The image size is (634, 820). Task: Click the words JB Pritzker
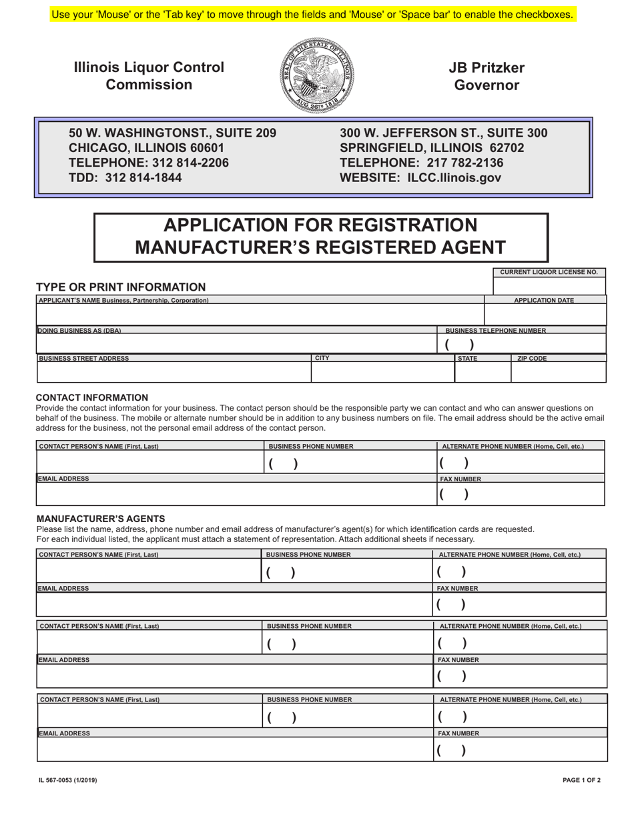tap(486, 68)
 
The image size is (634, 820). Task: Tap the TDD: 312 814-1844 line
tap(125, 178)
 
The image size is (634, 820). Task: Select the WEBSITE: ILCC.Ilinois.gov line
tap(420, 178)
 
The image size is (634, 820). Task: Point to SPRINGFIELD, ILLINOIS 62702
tap(432, 148)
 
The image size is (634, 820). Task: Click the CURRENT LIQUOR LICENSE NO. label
tap(549, 272)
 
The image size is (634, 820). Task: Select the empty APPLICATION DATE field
tap(545, 315)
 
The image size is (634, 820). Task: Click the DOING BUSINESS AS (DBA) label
tap(80, 331)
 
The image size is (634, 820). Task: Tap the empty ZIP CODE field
tap(558, 372)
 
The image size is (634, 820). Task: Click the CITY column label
tap(322, 358)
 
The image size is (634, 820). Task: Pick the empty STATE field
tap(482, 372)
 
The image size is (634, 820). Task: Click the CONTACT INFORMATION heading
tap(92, 397)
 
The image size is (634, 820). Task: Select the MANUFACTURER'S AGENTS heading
tap(100, 519)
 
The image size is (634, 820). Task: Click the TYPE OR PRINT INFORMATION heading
tap(121, 287)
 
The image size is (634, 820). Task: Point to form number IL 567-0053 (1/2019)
tap(67, 779)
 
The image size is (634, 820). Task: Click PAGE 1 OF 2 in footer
tap(581, 779)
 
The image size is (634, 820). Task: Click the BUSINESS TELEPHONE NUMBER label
tap(495, 331)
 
